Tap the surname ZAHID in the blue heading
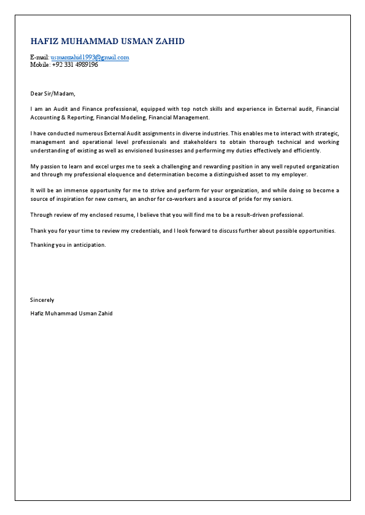pyautogui.click(x=167, y=41)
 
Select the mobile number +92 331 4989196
pyautogui.click(x=75, y=64)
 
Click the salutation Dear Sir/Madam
pyautogui.click(x=52, y=93)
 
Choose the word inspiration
pyautogui.click(x=74, y=199)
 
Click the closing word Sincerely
pyautogui.click(x=42, y=300)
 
